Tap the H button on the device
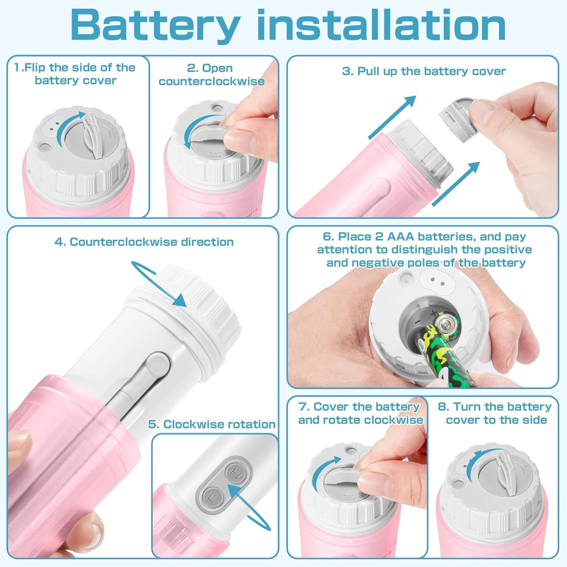click(235, 473)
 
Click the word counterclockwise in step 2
click(211, 81)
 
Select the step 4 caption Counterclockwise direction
click(144, 242)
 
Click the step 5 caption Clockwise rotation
click(212, 424)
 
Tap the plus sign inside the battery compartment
click(434, 313)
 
